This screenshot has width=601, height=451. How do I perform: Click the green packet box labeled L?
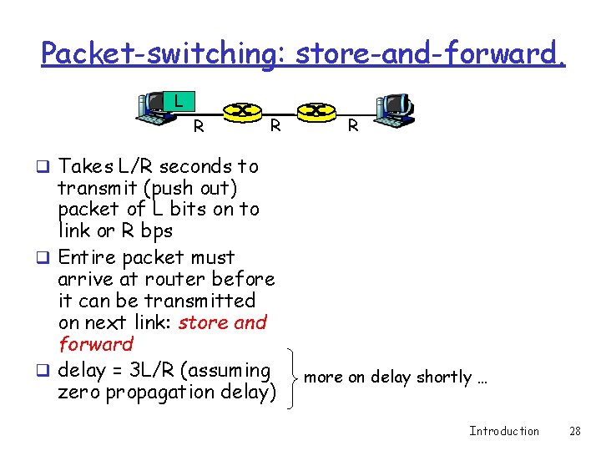[178, 102]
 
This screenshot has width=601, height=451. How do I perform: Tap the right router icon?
[316, 110]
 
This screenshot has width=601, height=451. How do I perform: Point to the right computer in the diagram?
[393, 108]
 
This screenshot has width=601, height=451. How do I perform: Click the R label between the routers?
[275, 125]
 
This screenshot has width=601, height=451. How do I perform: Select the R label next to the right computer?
[353, 126]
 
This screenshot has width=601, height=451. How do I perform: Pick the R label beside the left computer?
[199, 127]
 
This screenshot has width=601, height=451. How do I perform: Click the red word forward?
[96, 344]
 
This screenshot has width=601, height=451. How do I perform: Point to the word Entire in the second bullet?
[87, 257]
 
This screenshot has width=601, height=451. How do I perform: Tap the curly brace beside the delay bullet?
[289, 378]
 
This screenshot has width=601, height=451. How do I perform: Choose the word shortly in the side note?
[444, 378]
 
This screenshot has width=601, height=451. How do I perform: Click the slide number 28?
[574, 431]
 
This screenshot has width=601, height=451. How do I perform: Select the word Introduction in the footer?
[504, 431]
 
